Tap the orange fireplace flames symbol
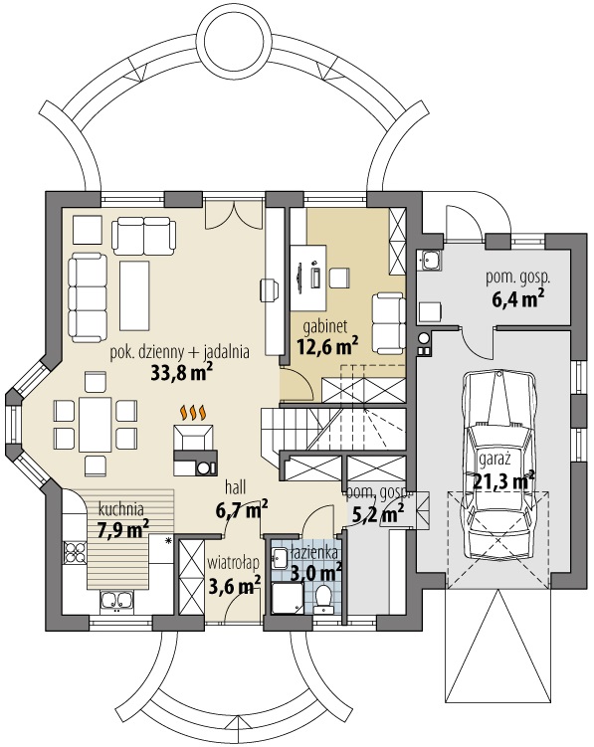tap(193, 414)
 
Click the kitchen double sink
tap(117, 600)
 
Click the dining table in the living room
tap(96, 425)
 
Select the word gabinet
tap(325, 328)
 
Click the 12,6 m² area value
tap(327, 346)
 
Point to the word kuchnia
tap(121, 509)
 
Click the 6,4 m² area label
tap(517, 300)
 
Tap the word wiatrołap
tap(233, 564)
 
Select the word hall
tap(236, 487)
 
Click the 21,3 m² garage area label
tap(503, 480)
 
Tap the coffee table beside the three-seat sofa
tap(134, 295)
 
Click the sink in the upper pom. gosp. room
tap(431, 261)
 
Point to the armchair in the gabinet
tap(387, 323)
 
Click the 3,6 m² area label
tap(235, 584)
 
